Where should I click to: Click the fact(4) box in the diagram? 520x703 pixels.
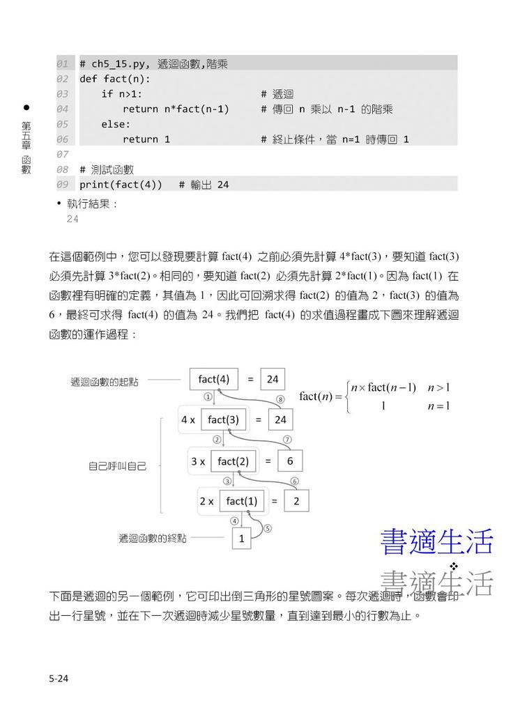coord(213,379)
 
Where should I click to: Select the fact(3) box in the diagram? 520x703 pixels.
coord(223,419)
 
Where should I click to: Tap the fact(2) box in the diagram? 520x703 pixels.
coord(233,461)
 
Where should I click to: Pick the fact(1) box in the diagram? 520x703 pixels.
coord(242,501)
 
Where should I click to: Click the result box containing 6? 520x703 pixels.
coord(290,461)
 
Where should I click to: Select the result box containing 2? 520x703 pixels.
coord(296,501)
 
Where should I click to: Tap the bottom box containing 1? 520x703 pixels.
coord(241,538)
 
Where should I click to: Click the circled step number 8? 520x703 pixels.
coord(280,399)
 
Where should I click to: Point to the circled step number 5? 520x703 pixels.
coord(268,528)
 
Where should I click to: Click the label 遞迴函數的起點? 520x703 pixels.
coord(104,382)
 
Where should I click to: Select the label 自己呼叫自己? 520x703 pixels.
coord(117,465)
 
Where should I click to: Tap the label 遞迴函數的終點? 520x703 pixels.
coord(153,538)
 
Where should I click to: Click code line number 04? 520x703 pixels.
coord(63,109)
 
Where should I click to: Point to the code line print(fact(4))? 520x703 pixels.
coord(121,185)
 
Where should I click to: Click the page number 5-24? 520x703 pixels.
coord(59,677)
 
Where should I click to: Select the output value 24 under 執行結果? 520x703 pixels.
coord(72,219)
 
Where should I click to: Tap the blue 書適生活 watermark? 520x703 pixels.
coord(436,542)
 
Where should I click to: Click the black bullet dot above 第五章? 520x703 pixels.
coord(26,108)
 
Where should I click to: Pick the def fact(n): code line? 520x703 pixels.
coord(115,79)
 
